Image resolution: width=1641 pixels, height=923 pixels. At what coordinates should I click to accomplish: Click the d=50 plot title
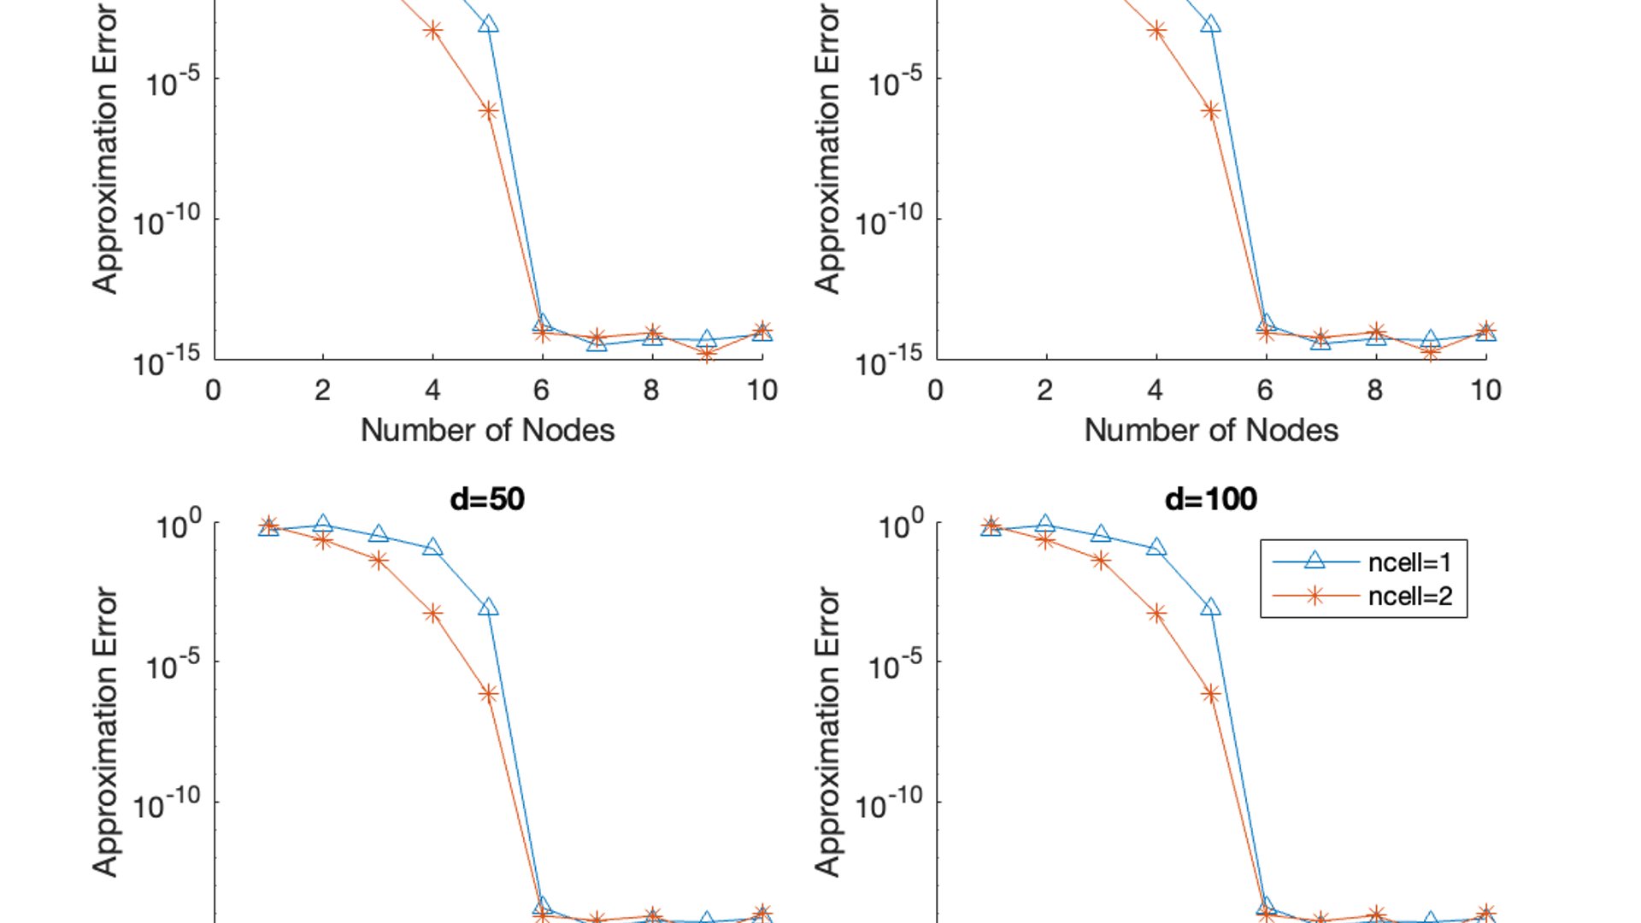click(x=487, y=499)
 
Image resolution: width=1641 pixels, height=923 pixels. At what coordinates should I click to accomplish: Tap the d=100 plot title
click(x=1210, y=499)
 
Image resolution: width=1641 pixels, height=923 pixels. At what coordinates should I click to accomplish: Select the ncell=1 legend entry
click(x=1409, y=562)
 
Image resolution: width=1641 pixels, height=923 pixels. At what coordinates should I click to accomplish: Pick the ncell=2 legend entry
click(x=1409, y=596)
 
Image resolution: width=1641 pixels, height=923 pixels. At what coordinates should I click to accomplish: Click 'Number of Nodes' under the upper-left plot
click(x=487, y=430)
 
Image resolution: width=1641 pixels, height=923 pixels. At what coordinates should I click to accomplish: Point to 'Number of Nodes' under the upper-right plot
click(x=1210, y=430)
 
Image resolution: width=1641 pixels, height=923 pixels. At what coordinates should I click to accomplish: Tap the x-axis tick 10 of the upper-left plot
click(x=762, y=391)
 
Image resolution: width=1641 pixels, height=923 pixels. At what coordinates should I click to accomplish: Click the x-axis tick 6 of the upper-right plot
click(x=1265, y=391)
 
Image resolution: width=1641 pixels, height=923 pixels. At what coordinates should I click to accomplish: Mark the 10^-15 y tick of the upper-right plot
click(x=890, y=362)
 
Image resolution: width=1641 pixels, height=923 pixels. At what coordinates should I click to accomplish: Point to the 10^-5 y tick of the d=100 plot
click(x=895, y=664)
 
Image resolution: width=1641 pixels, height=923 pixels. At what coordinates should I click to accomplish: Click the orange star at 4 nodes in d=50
click(x=433, y=614)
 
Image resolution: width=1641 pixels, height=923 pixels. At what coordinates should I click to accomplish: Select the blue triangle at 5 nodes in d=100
click(x=1210, y=608)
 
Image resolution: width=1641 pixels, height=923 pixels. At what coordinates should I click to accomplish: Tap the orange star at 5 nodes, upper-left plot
click(x=488, y=111)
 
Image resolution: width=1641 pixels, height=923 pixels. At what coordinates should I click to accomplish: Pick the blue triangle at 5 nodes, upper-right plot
click(x=1210, y=24)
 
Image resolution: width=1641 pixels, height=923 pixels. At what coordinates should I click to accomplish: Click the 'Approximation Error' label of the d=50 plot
click(x=105, y=732)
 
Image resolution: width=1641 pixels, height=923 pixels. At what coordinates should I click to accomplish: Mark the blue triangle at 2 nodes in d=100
click(x=1045, y=524)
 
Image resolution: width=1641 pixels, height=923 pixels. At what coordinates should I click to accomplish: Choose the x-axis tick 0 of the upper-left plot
click(x=214, y=391)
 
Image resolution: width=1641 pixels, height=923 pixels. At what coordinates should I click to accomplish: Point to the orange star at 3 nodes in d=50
click(x=378, y=561)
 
